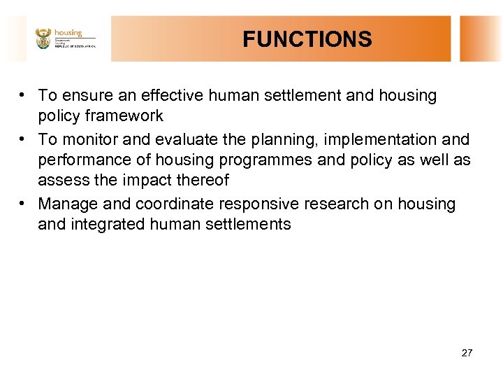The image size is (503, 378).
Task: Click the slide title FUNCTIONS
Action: tap(307, 39)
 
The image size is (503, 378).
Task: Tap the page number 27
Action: tap(467, 353)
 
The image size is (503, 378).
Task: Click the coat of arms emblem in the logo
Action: tap(43, 38)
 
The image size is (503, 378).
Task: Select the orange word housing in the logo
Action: tap(68, 32)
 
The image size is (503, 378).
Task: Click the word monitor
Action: tap(90, 139)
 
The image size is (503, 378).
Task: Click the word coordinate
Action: tap(175, 204)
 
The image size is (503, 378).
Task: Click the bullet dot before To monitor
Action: tap(24, 139)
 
